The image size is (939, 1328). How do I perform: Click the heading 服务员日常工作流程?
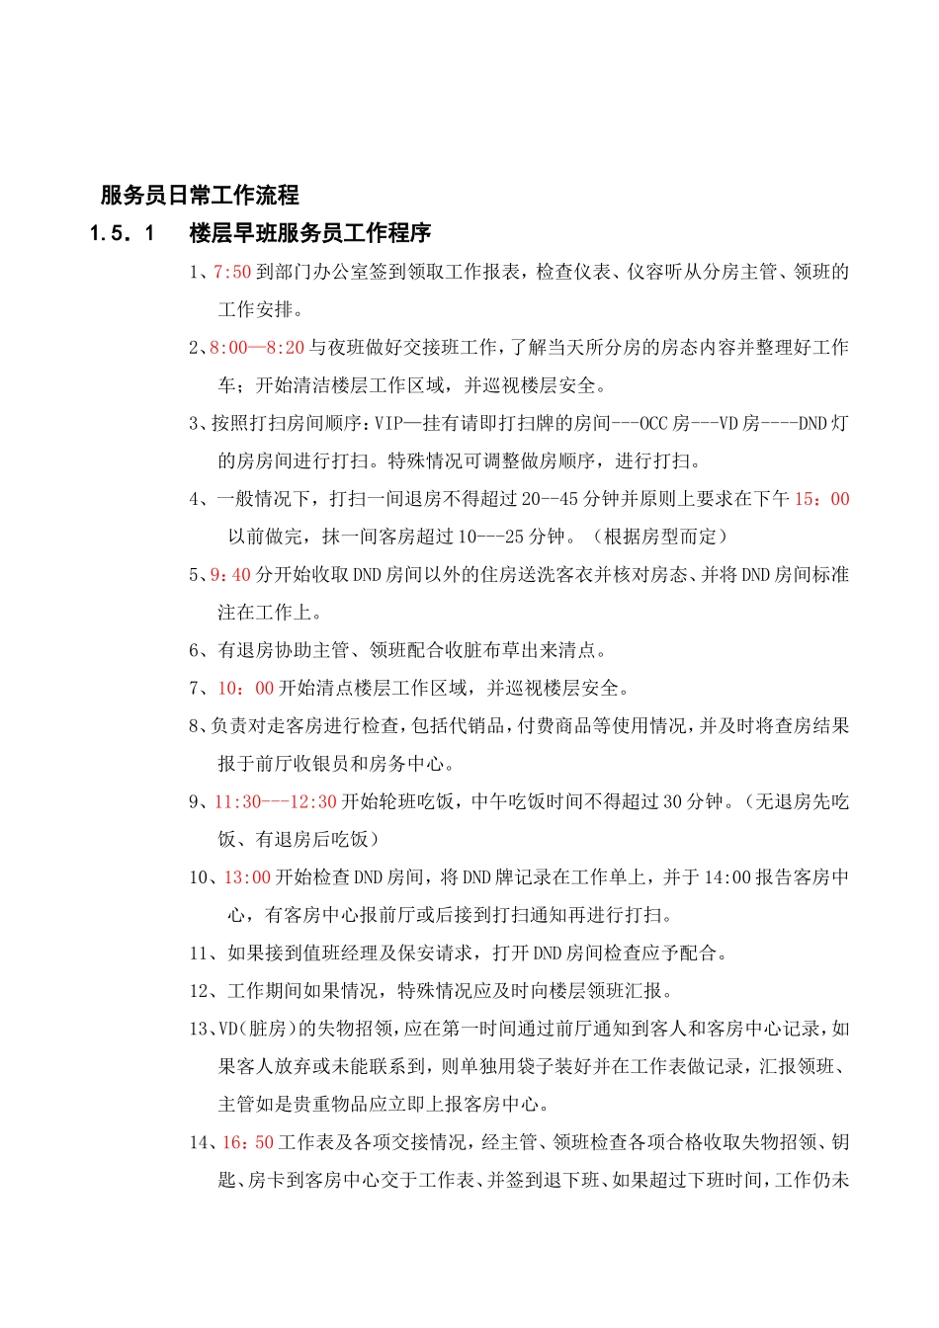coord(200,196)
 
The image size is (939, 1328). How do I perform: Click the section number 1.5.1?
coord(123,234)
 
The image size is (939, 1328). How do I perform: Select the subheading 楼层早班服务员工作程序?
coord(310,234)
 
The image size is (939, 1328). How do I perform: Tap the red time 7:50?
coord(232,272)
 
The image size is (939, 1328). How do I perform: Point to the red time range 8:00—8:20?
coord(257,348)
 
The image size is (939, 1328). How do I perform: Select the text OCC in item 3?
coord(654,424)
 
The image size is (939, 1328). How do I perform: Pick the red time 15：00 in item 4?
coord(821,499)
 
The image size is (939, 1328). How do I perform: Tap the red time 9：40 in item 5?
coord(230,575)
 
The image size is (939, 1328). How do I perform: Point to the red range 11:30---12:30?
coord(276,802)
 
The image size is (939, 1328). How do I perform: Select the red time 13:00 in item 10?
coord(247,877)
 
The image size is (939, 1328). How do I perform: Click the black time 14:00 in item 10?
coord(726,877)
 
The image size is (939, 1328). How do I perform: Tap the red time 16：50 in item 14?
coord(247,1143)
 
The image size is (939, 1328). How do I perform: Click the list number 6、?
coord(201,650)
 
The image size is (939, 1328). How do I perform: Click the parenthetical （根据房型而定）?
coord(659,537)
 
